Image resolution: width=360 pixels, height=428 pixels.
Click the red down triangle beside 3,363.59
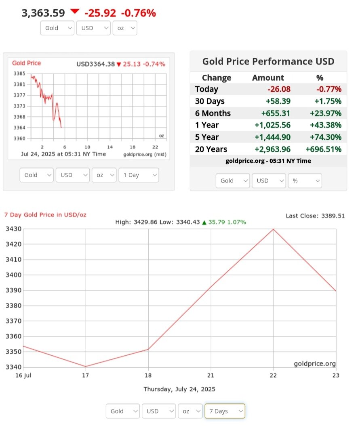[x=75, y=12]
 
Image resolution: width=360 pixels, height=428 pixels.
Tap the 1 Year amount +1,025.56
[x=272, y=125]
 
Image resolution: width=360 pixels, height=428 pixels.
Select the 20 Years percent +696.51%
[x=324, y=149]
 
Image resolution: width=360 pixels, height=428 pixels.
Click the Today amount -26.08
[x=279, y=89]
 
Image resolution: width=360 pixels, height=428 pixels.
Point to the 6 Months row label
[x=213, y=113]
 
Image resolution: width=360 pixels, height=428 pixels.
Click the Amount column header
[x=268, y=78]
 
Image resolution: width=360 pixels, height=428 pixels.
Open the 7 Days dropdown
[x=225, y=411]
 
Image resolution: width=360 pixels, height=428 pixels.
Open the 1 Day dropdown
[x=139, y=175]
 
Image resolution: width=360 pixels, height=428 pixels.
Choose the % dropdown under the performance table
[x=305, y=180]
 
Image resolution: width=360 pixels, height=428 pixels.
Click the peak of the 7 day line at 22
[x=274, y=229]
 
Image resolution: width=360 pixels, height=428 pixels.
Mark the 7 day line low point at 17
[x=85, y=367]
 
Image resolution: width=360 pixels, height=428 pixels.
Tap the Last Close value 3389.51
[x=333, y=216]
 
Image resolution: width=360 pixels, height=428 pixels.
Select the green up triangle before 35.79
[x=204, y=222]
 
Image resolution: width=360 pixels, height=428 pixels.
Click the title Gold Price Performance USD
[x=268, y=61]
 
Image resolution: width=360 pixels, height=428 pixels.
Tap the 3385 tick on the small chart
[x=19, y=74]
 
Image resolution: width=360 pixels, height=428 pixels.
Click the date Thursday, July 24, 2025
[x=179, y=389]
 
